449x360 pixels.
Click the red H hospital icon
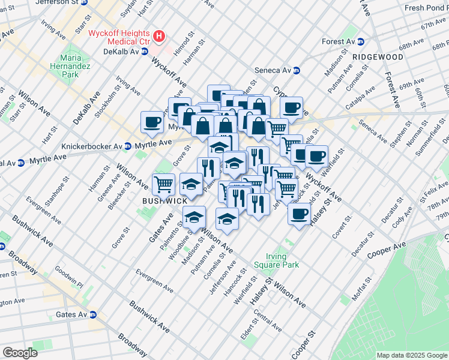point(158,37)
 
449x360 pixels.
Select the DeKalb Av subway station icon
point(144,52)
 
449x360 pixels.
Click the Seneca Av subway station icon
point(296,70)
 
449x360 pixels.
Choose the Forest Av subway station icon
point(361,42)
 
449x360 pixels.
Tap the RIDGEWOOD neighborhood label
point(378,56)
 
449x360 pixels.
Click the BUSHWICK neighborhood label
point(164,201)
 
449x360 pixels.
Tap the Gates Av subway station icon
point(93,314)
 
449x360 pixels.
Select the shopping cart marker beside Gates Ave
point(163,184)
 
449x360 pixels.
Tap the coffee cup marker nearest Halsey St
point(298,214)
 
